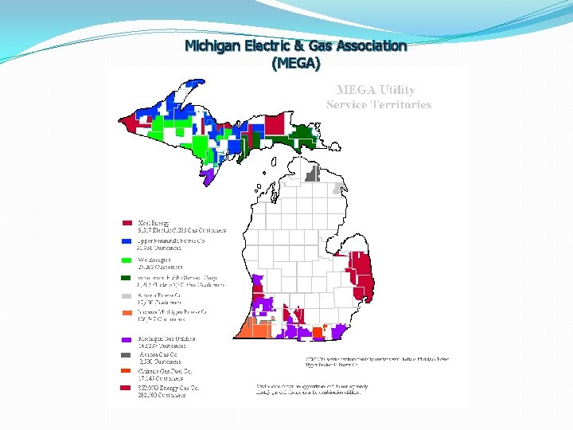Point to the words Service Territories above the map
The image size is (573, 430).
379,104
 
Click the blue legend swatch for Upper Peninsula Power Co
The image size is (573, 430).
127,240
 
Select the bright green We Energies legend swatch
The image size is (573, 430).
127,260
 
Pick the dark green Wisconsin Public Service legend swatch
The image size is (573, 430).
127,278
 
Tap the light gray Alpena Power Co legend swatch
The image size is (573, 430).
127,296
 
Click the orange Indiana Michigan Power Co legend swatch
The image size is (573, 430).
127,314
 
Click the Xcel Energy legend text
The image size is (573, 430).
154,222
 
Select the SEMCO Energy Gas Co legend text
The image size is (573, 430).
168,388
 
